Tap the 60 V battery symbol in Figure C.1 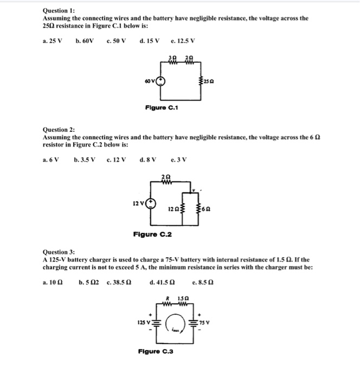[x=161, y=83]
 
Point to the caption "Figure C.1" [x=162, y=107]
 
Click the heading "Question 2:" [x=60, y=130]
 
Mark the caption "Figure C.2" [x=152, y=234]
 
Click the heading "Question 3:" [x=60, y=252]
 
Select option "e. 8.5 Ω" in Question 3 [x=203, y=282]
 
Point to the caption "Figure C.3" [x=156, y=352]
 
